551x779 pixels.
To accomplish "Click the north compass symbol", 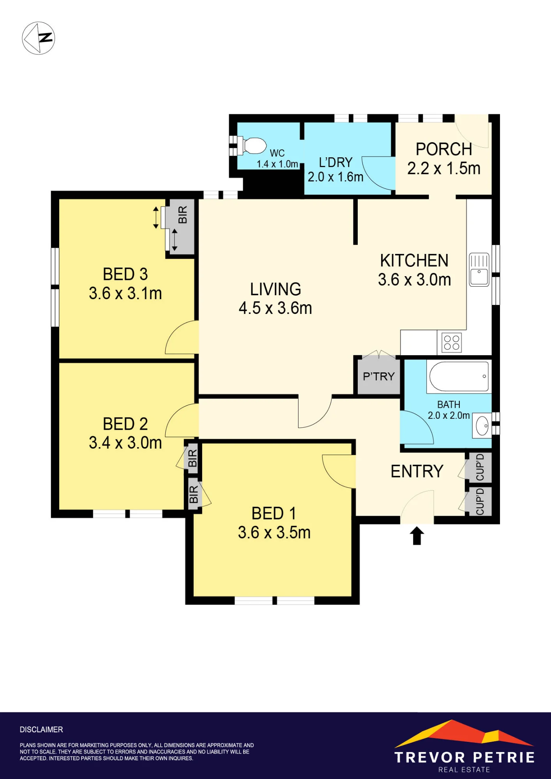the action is click(38, 38).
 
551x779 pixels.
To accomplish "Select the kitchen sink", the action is click(479, 270).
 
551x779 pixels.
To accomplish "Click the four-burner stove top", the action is click(452, 343).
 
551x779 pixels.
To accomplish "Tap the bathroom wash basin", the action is click(482, 426).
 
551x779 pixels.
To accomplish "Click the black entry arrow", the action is click(417, 536).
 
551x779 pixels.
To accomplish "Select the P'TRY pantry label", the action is click(379, 376).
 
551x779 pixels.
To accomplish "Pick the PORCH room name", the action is click(444, 149).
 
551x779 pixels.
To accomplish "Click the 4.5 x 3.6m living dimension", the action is click(275, 308).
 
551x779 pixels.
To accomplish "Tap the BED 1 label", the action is click(274, 513).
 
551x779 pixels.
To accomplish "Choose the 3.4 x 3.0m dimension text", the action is click(125, 442).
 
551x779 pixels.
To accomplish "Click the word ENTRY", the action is click(417, 471).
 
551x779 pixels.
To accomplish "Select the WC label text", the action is click(277, 153).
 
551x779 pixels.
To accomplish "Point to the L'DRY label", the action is click(336, 162).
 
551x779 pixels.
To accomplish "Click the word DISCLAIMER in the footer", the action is click(41, 730).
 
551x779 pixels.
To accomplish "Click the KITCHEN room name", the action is click(414, 261).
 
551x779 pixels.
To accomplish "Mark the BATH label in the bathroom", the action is click(449, 405).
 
